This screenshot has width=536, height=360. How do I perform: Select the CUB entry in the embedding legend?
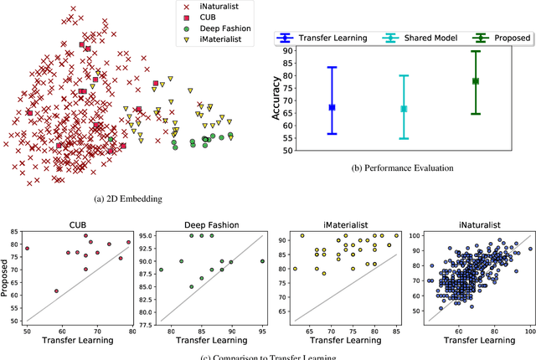click(206, 18)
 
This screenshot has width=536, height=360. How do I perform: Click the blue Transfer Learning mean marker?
click(332, 107)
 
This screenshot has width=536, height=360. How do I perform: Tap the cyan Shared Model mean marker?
click(404, 109)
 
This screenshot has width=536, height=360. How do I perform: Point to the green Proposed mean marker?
click(476, 81)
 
